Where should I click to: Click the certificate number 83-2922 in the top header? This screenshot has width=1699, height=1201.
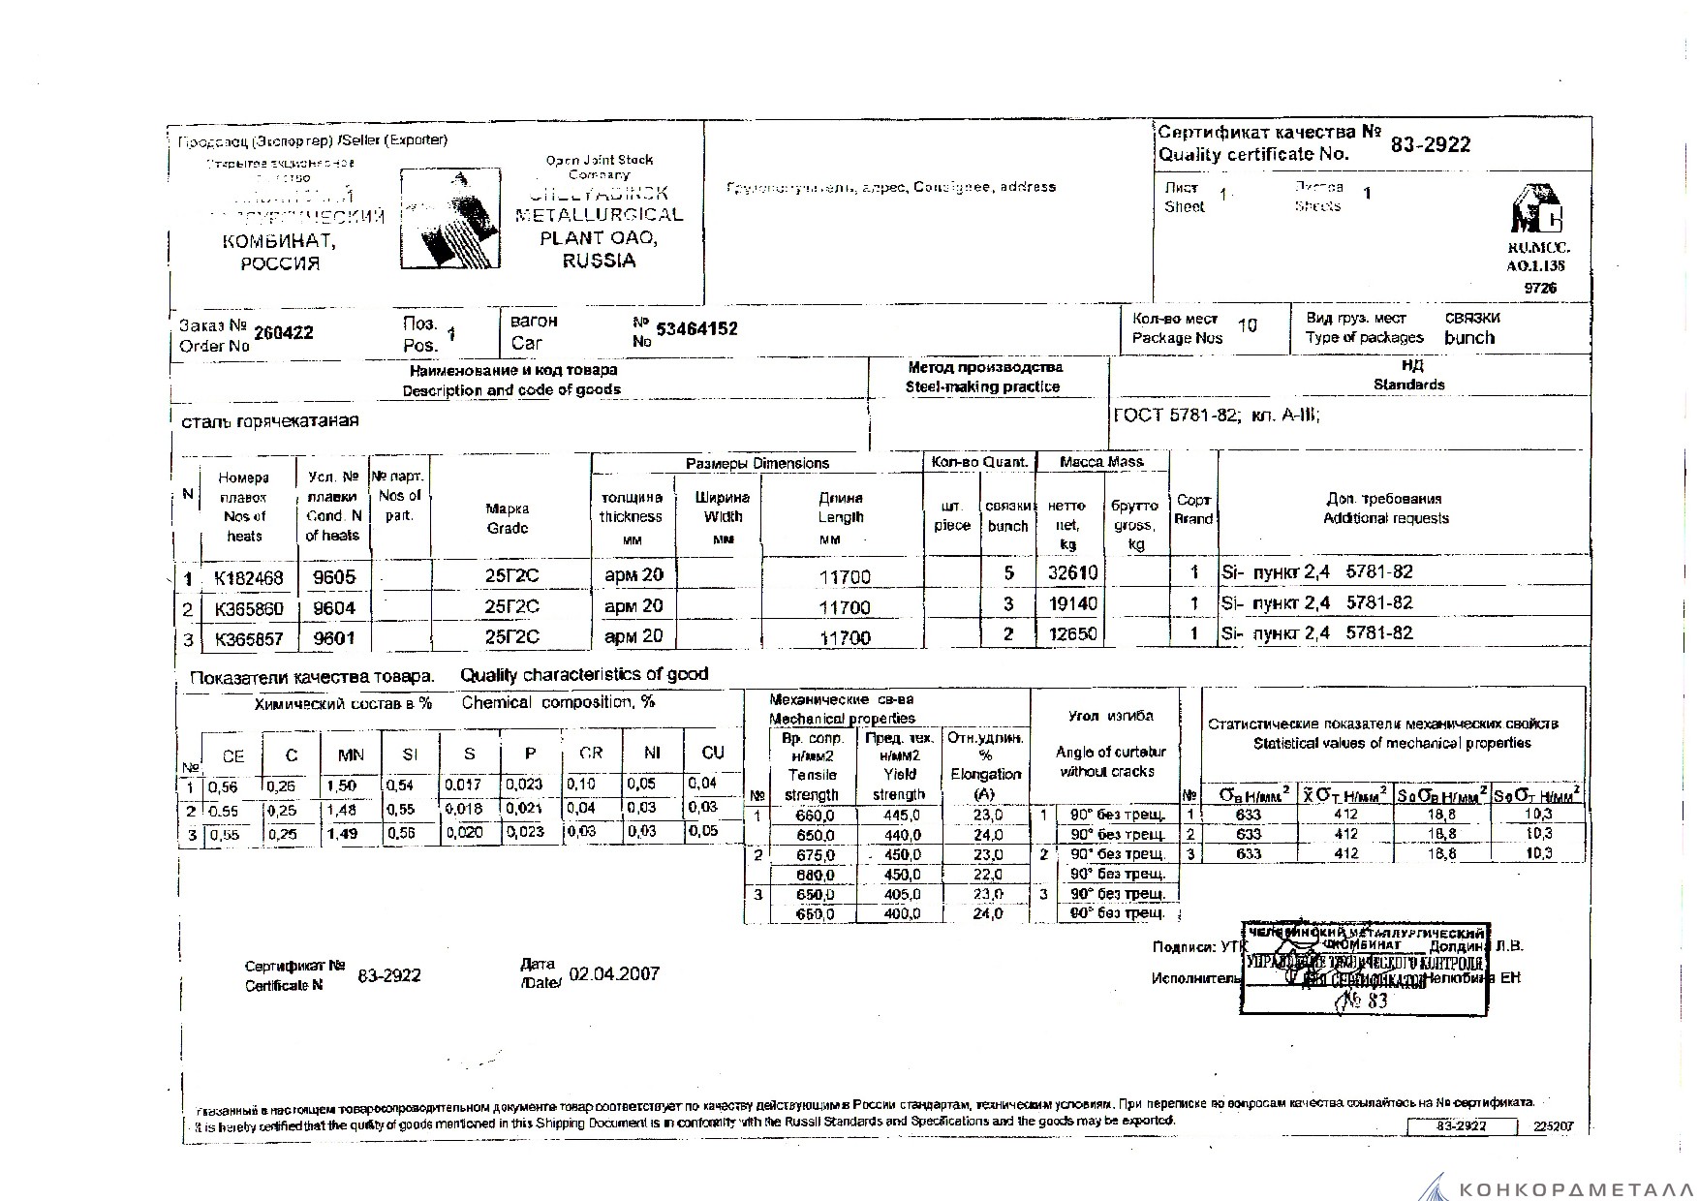coord(1430,145)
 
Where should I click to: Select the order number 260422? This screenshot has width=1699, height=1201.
coord(283,333)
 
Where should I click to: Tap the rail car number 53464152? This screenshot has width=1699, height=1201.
coord(696,329)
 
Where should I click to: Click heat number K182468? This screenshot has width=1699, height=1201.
coord(249,578)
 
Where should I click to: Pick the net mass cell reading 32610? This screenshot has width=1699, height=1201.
coord(1072,572)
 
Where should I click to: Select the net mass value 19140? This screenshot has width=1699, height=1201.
coord(1072,603)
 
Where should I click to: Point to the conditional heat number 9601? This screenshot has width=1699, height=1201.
coord(333,637)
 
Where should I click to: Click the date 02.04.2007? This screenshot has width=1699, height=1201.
coord(614,974)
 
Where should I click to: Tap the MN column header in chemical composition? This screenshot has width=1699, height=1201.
coord(351,755)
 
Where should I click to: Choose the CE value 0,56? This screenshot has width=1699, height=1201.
coord(224,786)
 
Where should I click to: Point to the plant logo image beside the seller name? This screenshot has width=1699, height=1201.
coord(448,219)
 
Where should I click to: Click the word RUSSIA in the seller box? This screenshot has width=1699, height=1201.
coord(599,261)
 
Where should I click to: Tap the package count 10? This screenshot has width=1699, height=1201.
coord(1247,325)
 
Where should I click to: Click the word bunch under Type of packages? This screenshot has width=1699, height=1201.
coord(1468,338)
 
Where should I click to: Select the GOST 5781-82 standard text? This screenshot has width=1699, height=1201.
coord(1176,416)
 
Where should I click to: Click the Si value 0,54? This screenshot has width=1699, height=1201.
coord(400,785)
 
